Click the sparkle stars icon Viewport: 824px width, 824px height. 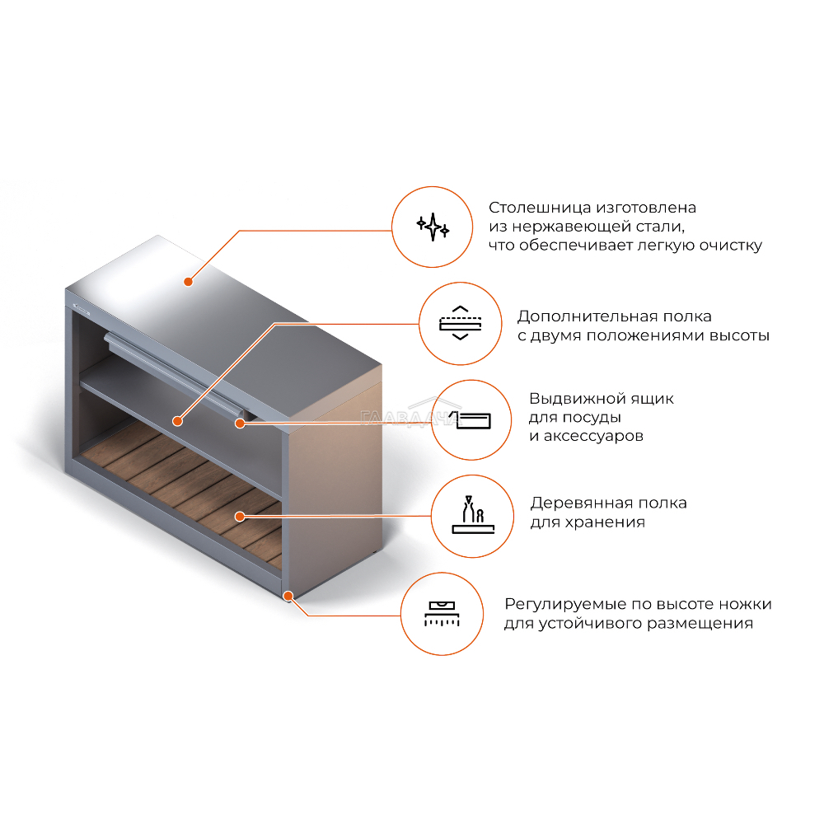[433, 227]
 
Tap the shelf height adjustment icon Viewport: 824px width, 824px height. [461, 323]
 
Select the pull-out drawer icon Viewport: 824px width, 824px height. [471, 420]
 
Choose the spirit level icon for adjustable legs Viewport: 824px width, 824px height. [442, 613]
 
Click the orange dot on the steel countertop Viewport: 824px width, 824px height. [188, 282]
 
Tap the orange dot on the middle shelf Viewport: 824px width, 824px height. [178, 421]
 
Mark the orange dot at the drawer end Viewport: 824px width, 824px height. [240, 423]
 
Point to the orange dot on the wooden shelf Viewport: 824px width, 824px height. [240, 517]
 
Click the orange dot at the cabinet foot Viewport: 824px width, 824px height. [288, 596]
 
